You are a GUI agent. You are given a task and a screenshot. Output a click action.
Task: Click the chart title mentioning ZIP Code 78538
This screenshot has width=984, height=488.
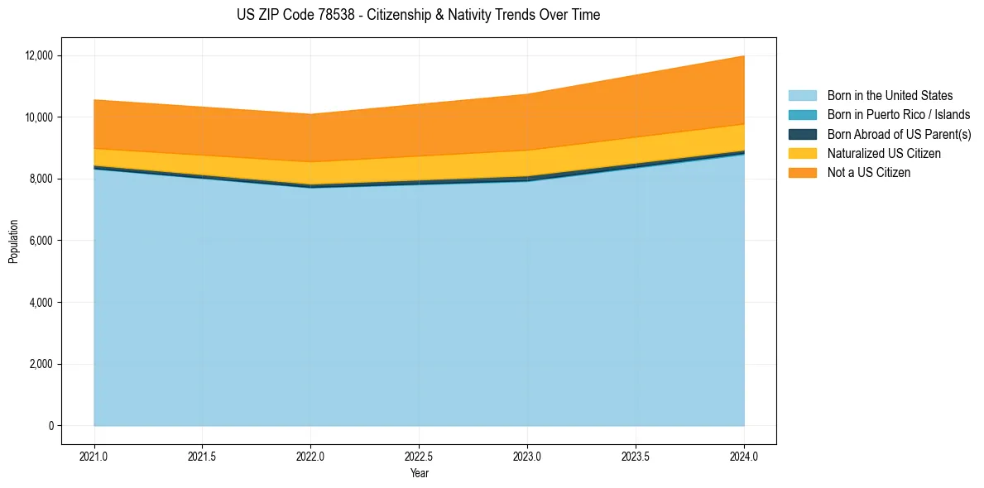point(418,15)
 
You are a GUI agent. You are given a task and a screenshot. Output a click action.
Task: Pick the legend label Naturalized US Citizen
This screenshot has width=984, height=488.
point(884,154)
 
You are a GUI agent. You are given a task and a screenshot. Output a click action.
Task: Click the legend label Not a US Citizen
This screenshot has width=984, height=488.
point(868,173)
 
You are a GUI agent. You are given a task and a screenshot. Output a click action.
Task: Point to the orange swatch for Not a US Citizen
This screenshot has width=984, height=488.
point(802,173)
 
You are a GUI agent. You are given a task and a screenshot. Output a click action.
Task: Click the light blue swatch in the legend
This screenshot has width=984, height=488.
point(802,96)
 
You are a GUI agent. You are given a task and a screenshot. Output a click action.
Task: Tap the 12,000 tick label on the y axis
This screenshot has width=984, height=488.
point(39,55)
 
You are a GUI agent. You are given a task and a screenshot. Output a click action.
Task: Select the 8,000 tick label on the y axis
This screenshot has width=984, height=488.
point(41,179)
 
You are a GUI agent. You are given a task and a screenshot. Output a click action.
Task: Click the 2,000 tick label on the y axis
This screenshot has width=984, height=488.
point(41,364)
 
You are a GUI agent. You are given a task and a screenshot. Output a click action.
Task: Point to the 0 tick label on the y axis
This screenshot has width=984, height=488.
point(50,426)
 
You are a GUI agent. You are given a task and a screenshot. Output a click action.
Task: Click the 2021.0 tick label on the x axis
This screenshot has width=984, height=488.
point(94,456)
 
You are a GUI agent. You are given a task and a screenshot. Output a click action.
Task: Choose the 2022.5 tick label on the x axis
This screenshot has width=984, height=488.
point(419,456)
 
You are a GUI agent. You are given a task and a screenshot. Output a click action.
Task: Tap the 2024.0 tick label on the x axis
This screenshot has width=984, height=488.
point(744,456)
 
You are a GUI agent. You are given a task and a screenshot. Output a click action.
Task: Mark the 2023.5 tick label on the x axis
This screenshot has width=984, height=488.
point(636,456)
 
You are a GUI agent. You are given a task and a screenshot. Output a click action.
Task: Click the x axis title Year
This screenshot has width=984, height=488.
point(419,473)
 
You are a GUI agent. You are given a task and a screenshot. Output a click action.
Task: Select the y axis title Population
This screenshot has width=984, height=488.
point(13,242)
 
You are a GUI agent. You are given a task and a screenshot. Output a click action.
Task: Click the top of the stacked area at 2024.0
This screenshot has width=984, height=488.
point(744,56)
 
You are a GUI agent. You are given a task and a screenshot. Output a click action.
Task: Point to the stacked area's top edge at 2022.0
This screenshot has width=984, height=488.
point(310,114)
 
